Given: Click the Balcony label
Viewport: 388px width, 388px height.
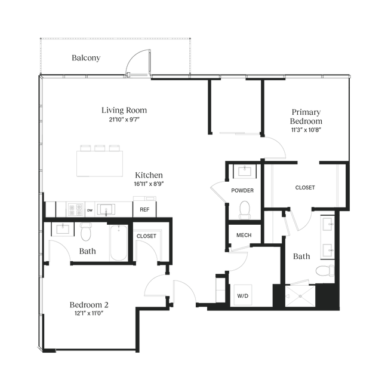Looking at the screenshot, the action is click(x=86, y=58).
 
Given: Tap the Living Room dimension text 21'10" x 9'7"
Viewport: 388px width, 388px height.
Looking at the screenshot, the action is click(x=124, y=120).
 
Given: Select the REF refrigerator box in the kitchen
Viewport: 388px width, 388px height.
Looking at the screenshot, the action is click(x=144, y=210).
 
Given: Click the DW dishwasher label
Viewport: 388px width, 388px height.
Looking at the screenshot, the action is click(x=90, y=210).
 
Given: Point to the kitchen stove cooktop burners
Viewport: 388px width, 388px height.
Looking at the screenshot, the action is click(x=76, y=210).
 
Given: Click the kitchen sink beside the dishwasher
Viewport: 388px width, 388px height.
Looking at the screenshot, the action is click(x=106, y=210).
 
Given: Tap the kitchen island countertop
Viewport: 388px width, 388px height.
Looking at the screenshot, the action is click(x=100, y=164).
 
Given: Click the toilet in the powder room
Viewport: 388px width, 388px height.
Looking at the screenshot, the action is click(x=245, y=210).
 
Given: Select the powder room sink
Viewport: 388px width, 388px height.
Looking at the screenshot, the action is click(x=245, y=171).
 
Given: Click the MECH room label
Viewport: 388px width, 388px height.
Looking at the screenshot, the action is click(x=244, y=235).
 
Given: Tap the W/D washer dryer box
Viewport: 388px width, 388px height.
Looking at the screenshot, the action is click(x=243, y=295).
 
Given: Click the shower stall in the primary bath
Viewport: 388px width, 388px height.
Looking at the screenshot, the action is click(x=300, y=296).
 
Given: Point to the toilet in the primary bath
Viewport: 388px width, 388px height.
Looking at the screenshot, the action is click(x=325, y=271).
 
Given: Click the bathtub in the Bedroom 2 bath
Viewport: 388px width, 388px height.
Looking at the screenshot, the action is click(x=119, y=243).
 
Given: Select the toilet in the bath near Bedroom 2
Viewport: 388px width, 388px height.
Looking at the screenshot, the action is click(x=85, y=231).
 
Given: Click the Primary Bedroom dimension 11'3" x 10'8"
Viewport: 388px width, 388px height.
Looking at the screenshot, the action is click(x=306, y=130).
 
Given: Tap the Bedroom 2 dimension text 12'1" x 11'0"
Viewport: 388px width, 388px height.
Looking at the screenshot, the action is click(x=89, y=313).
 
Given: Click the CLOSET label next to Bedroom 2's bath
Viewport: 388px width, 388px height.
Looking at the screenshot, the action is click(x=146, y=236).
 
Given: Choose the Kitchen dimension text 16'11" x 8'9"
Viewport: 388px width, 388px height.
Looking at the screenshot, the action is click(x=149, y=184).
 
